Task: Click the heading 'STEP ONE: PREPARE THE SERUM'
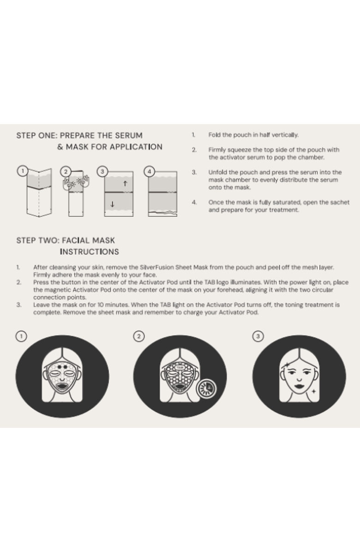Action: point(79,136)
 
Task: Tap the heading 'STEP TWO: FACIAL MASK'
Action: point(66,240)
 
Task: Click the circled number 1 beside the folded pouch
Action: point(22,171)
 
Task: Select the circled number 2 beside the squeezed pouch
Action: point(66,171)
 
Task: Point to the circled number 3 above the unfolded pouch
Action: point(102,171)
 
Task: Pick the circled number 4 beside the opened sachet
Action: point(149,171)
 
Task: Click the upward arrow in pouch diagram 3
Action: point(125,183)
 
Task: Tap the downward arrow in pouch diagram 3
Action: point(112,204)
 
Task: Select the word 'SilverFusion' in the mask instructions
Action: point(156,267)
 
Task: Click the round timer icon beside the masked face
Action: point(207,389)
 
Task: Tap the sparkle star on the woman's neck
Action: point(313,391)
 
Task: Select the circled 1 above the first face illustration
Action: point(21,336)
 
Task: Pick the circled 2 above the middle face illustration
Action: point(138,336)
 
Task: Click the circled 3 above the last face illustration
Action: point(258,336)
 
